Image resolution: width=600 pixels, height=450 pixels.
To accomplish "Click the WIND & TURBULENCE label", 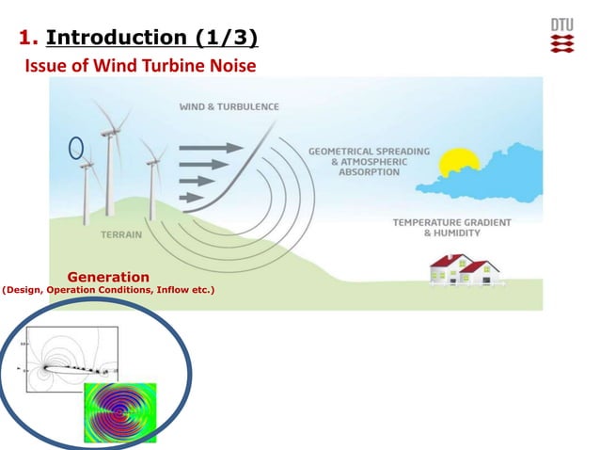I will click(229, 106).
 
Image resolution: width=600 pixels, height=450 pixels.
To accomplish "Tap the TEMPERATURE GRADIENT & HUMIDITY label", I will click(451, 228).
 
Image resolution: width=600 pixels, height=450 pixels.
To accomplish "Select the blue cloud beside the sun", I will click(503, 169).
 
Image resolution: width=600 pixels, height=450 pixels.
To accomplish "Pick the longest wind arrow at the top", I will click(210, 147).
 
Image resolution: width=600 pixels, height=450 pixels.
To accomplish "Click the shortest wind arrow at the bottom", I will click(190, 197).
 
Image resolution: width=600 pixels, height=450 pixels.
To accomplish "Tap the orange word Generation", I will click(108, 277).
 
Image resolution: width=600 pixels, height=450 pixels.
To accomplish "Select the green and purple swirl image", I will click(119, 411).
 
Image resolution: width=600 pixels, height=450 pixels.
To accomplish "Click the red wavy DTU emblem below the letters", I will click(562, 43).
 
